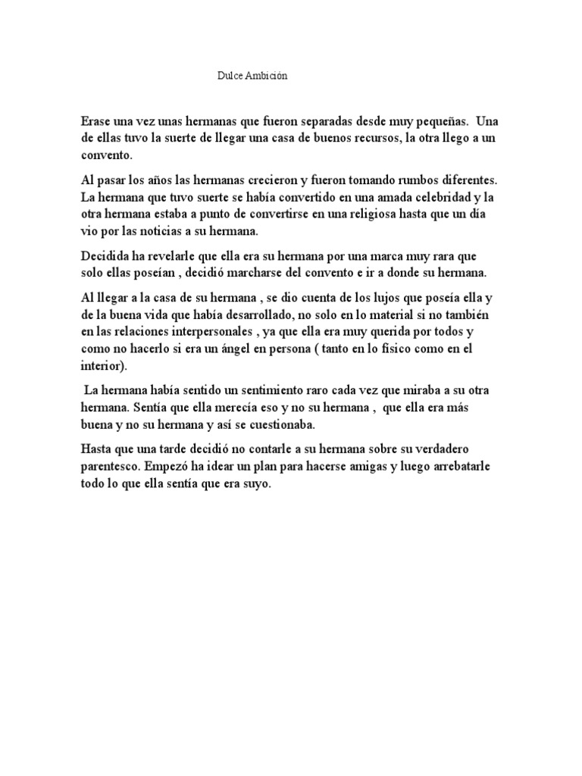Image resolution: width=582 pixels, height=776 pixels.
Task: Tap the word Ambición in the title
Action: click(264, 77)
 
